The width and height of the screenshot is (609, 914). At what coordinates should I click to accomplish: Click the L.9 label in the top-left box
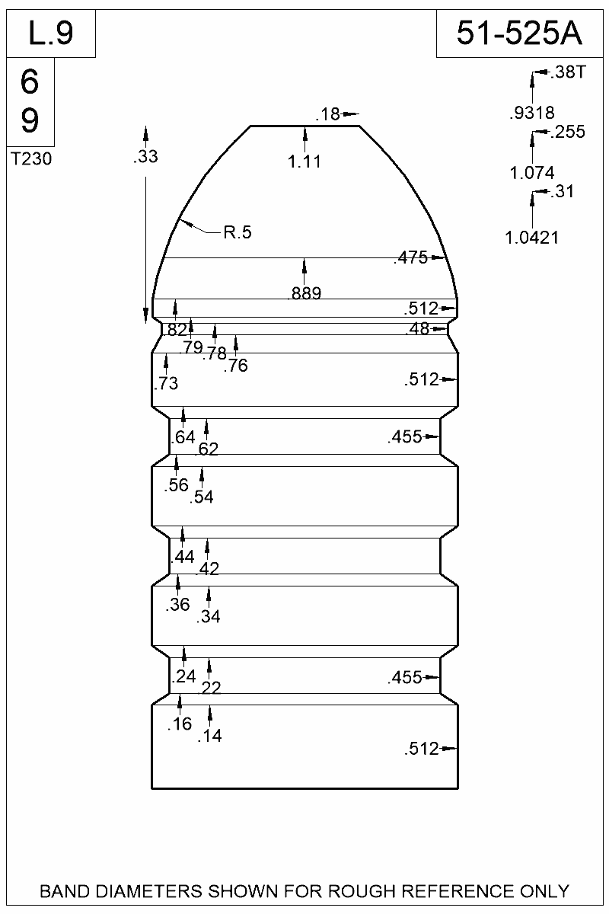[50, 34]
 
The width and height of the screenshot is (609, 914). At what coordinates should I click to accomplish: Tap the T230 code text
[32, 159]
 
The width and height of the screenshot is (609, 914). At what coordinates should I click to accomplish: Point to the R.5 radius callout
[238, 233]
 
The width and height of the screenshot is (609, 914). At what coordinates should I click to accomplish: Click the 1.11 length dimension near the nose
[305, 161]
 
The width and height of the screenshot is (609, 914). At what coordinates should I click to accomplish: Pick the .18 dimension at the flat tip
[327, 115]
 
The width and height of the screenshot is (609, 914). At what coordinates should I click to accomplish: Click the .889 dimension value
[305, 292]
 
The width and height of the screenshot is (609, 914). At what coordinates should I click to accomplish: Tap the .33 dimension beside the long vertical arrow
[145, 157]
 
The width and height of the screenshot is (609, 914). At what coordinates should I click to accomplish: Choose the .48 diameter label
[417, 329]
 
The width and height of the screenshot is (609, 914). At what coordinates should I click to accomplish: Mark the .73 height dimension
[166, 384]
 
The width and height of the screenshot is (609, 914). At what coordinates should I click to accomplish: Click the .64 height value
[183, 437]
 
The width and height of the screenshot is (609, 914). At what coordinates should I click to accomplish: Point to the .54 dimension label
[202, 497]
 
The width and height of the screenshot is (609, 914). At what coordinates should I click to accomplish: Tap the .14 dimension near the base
[209, 736]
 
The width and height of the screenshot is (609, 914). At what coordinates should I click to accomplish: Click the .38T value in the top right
[568, 73]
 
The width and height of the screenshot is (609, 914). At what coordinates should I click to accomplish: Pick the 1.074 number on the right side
[532, 172]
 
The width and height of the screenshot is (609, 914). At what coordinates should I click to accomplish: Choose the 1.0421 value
[532, 238]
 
